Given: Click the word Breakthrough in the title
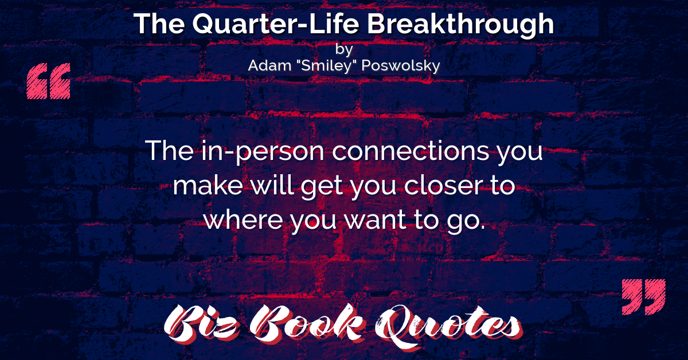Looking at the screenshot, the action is (x=460, y=25).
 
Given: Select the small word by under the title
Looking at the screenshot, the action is (x=344, y=50).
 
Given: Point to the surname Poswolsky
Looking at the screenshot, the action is (x=401, y=66).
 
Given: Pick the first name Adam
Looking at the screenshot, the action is (x=269, y=65).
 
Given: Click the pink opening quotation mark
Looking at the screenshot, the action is (x=49, y=81).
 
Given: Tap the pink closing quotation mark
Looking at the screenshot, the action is (x=644, y=297).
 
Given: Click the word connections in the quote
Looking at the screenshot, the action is (x=411, y=151).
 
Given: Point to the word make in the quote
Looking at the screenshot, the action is (x=208, y=186).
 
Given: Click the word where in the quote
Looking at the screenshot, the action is (x=243, y=220).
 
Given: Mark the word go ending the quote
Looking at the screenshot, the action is (x=466, y=222).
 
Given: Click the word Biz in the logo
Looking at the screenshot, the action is (x=201, y=324).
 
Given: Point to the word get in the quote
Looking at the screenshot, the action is (x=322, y=188).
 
